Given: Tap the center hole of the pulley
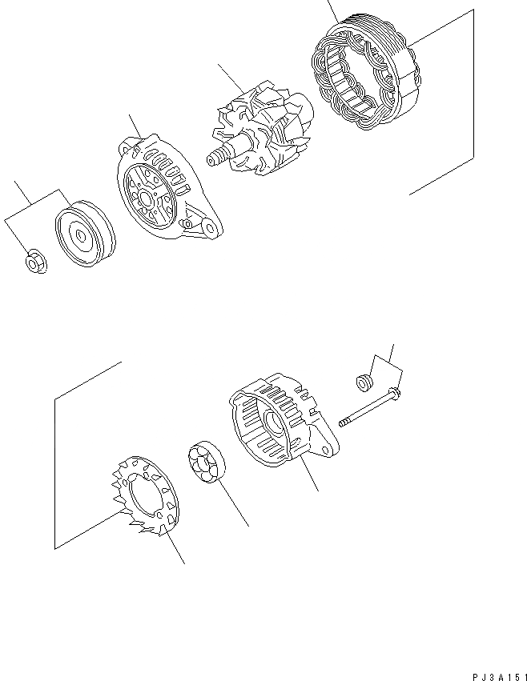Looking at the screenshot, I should pos(83,234).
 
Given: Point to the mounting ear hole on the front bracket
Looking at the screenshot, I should pos(211,230).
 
